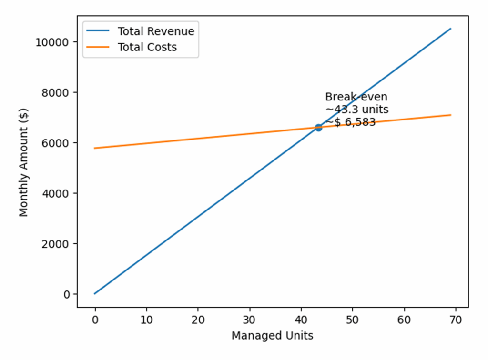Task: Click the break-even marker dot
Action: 318,127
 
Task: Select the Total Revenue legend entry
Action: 156,31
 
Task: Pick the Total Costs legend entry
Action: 147,47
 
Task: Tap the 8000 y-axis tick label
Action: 54,92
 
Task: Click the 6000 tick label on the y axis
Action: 54,143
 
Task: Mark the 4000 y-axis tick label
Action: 54,193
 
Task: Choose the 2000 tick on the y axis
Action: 54,244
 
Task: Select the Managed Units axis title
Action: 272,336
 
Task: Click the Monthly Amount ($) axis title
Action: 24,163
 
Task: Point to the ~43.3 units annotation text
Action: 356,110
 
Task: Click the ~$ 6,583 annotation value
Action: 350,122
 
